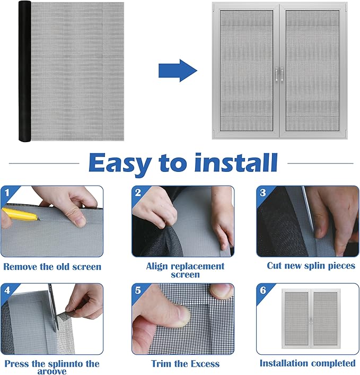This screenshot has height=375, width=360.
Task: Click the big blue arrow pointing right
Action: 178,71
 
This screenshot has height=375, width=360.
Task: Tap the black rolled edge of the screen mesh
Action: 25,71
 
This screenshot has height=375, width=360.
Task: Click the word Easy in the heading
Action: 120,163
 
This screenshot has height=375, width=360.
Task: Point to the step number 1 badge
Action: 7,193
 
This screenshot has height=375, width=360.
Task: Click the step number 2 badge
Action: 138,193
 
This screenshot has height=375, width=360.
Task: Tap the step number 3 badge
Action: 262,193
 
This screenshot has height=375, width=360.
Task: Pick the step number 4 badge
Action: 7,290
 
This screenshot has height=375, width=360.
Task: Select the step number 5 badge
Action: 138,290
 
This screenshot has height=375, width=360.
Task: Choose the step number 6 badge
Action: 263,290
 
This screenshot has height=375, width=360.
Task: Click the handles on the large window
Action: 279,75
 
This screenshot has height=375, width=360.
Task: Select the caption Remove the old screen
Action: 52,267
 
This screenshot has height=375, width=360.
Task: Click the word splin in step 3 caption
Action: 314,266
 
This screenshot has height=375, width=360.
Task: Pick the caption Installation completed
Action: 308,363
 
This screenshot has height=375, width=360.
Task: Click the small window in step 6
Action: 311,319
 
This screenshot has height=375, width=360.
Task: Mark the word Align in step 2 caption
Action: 157,266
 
